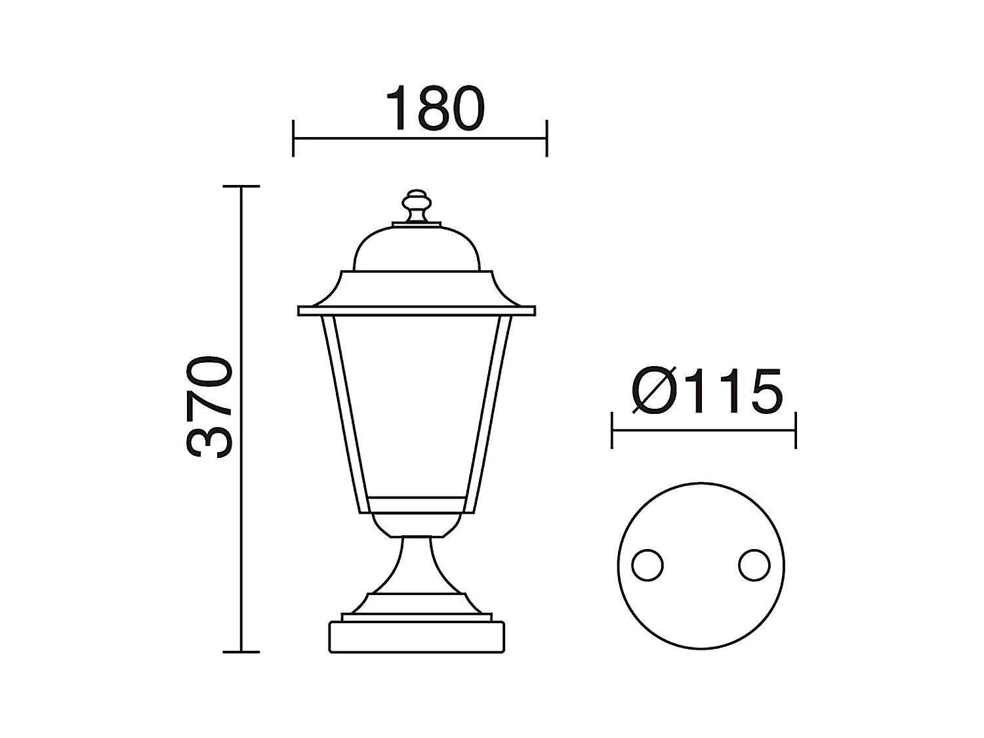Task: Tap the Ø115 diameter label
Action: (707, 392)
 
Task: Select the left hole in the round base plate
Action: (647, 565)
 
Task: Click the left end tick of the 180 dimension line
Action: (293, 138)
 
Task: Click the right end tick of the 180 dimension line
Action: (546, 138)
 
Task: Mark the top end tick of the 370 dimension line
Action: (241, 187)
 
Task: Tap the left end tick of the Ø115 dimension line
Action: (611, 431)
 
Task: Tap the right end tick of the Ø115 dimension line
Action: (796, 431)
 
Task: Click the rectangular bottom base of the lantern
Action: (417, 636)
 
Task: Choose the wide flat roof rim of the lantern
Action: (417, 311)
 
